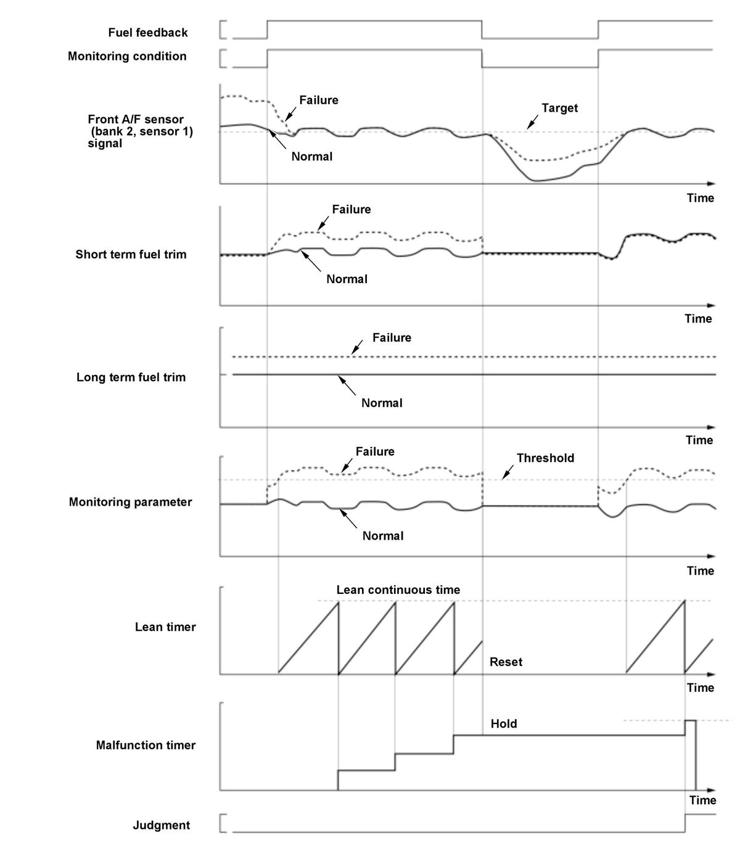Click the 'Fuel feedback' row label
(x=148, y=33)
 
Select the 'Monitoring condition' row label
(x=127, y=56)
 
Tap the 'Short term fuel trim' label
(x=131, y=255)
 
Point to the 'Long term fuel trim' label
(x=131, y=377)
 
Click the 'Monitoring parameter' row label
(x=130, y=502)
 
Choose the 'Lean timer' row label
(x=165, y=627)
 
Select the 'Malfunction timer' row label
(x=146, y=746)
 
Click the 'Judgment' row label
(x=162, y=825)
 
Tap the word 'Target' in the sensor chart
(x=560, y=108)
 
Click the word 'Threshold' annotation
(x=545, y=458)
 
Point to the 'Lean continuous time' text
(x=398, y=590)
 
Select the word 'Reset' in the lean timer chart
(x=506, y=662)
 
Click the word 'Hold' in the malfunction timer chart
(x=504, y=724)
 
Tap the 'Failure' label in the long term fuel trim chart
(x=392, y=338)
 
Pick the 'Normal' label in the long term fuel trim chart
(x=382, y=403)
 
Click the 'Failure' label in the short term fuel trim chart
(x=351, y=210)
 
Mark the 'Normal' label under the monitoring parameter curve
(x=383, y=536)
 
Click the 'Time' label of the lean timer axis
(x=701, y=688)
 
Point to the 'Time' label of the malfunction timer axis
(x=702, y=800)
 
